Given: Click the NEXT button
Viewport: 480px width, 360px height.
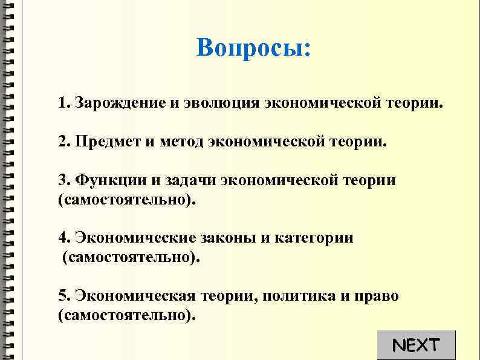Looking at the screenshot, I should [415, 345].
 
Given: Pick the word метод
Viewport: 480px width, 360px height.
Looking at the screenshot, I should [182, 142].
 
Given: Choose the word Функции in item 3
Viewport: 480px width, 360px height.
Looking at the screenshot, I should [108, 181].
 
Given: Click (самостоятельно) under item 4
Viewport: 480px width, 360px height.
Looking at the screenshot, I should [130, 258].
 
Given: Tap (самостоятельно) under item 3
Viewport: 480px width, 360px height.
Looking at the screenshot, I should [127, 200].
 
